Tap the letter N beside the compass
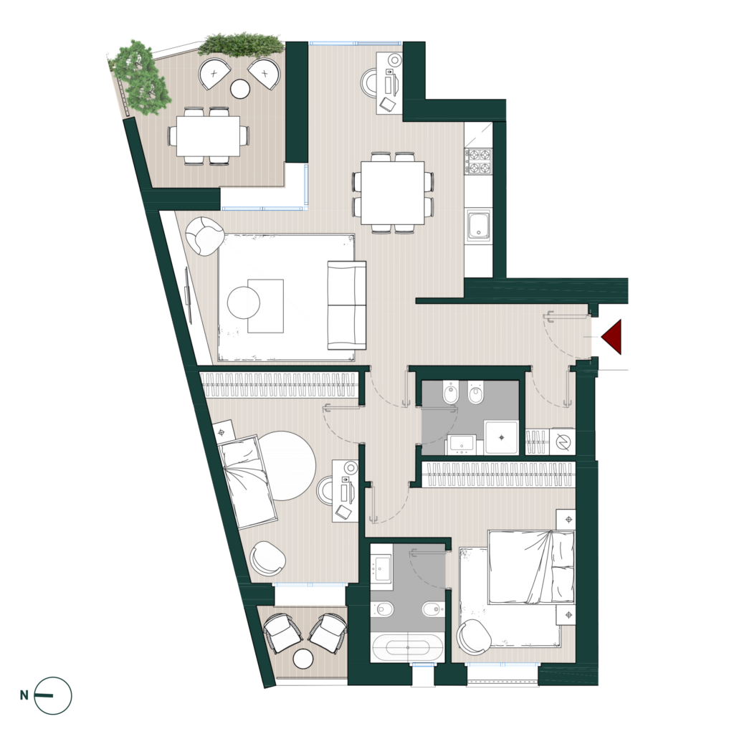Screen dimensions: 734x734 (x=24, y=695)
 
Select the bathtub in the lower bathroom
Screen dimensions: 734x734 (x=407, y=647)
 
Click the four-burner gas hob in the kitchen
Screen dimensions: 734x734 (x=478, y=161)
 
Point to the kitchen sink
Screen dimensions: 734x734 (x=478, y=226)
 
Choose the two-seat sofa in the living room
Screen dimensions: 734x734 (x=346, y=305)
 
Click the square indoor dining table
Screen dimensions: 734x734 (x=393, y=193)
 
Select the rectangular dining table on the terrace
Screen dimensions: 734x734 (x=208, y=136)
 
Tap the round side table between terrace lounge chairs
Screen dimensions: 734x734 (x=241, y=88)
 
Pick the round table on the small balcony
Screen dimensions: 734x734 (x=303, y=659)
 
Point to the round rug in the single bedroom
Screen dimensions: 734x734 (x=285, y=465)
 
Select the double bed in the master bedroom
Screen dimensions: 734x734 (x=531, y=567)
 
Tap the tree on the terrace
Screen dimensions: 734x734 (x=140, y=78)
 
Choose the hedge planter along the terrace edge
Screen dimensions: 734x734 (x=242, y=45)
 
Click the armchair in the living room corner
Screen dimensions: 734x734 (x=204, y=236)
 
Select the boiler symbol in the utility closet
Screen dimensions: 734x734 (x=562, y=441)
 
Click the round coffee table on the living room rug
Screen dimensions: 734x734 (x=244, y=302)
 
